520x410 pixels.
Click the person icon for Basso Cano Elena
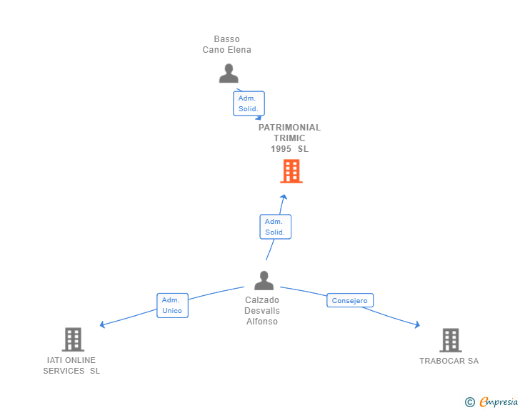(229, 73)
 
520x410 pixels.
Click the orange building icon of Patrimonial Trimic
(291, 171)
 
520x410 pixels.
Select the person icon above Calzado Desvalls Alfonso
(264, 280)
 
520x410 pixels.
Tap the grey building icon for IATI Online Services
(73, 339)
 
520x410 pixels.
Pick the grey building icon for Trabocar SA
(451, 340)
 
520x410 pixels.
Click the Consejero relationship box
(350, 300)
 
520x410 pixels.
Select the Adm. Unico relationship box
(172, 305)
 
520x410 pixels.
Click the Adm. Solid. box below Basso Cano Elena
(249, 103)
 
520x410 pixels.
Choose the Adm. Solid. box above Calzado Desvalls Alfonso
(275, 227)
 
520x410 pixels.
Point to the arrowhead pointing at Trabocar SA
(418, 324)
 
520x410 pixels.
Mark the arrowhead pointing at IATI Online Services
(102, 324)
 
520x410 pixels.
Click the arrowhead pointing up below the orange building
(284, 197)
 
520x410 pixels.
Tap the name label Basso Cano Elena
(227, 44)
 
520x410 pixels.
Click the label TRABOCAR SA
(449, 361)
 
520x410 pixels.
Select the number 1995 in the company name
(281, 149)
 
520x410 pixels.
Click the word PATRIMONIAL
(289, 128)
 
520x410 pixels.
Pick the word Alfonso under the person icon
(262, 322)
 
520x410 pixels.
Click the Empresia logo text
(499, 402)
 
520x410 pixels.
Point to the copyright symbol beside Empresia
(469, 402)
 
